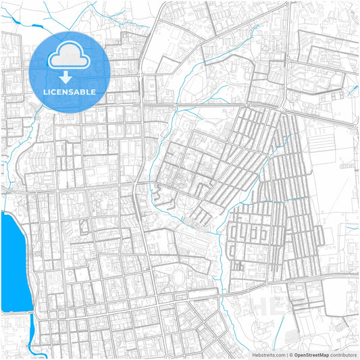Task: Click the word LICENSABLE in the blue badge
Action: [70, 92]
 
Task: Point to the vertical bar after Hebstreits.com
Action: [286, 354]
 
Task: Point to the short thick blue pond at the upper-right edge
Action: [351, 87]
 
